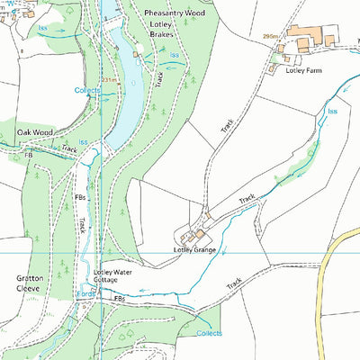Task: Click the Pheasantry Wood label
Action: click(x=175, y=14)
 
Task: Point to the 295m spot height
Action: click(x=270, y=37)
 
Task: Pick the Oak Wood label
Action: click(x=35, y=132)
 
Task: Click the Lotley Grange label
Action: click(x=194, y=249)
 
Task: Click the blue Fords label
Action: click(x=85, y=294)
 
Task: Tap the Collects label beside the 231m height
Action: click(x=87, y=91)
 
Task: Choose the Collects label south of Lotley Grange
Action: click(x=209, y=333)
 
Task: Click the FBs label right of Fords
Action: click(x=118, y=298)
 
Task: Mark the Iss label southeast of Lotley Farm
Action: click(x=331, y=111)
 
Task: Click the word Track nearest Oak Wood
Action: click(x=70, y=148)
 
